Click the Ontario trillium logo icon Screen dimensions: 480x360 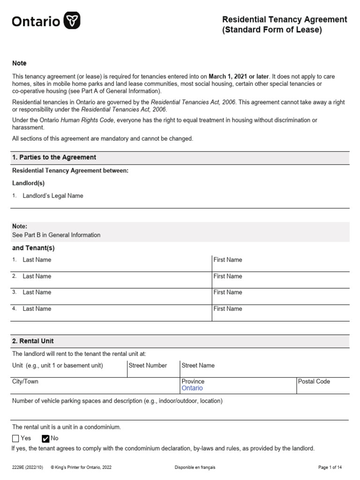click(72, 21)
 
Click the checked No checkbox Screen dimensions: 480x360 click(45, 438)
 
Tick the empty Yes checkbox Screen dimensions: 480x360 click(15, 438)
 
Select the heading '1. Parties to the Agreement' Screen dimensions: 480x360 click(54, 157)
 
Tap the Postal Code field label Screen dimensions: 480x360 click(314, 382)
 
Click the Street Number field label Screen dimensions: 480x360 click(148, 365)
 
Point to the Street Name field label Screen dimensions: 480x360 click(198, 365)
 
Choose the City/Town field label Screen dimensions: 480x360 click(25, 382)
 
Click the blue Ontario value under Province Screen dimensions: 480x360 click(192, 388)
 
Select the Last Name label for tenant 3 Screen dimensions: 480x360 click(37, 292)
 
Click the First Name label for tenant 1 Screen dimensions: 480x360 click(228, 260)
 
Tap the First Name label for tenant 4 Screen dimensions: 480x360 click(228, 308)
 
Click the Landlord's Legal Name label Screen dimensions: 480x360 click(53, 196)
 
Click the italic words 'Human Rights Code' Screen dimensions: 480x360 click(87, 120)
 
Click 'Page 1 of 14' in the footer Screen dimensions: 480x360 click(333, 467)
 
